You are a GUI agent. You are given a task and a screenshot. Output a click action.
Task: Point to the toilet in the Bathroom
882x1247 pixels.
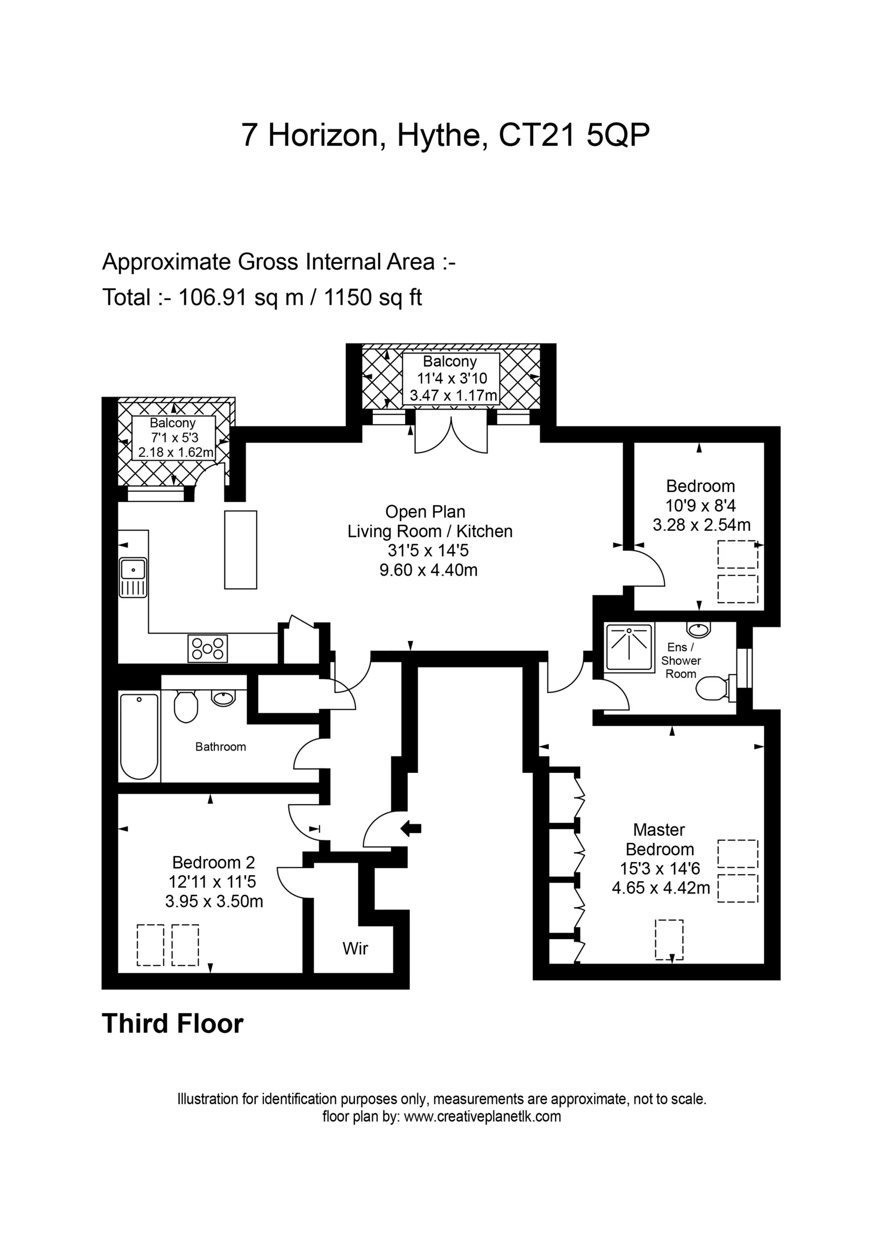click(x=185, y=706)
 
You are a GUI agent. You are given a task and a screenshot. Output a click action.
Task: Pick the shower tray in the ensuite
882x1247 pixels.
click(x=629, y=648)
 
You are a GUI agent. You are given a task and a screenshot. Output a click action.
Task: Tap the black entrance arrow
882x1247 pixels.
click(x=411, y=828)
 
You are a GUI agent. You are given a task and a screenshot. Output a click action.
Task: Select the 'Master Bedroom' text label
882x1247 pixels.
click(x=660, y=839)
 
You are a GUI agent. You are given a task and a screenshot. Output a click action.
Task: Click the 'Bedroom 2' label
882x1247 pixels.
click(x=213, y=862)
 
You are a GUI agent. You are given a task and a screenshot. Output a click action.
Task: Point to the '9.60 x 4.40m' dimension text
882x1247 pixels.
click(x=428, y=570)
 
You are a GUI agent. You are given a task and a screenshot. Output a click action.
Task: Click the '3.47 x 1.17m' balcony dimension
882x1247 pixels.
click(x=454, y=395)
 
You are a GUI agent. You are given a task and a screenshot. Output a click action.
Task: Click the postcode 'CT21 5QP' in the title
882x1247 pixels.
click(x=574, y=135)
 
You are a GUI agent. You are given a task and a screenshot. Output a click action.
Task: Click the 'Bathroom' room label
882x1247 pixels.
click(x=221, y=747)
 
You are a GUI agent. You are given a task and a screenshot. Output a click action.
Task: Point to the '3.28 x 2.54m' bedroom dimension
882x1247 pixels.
click(x=702, y=525)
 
